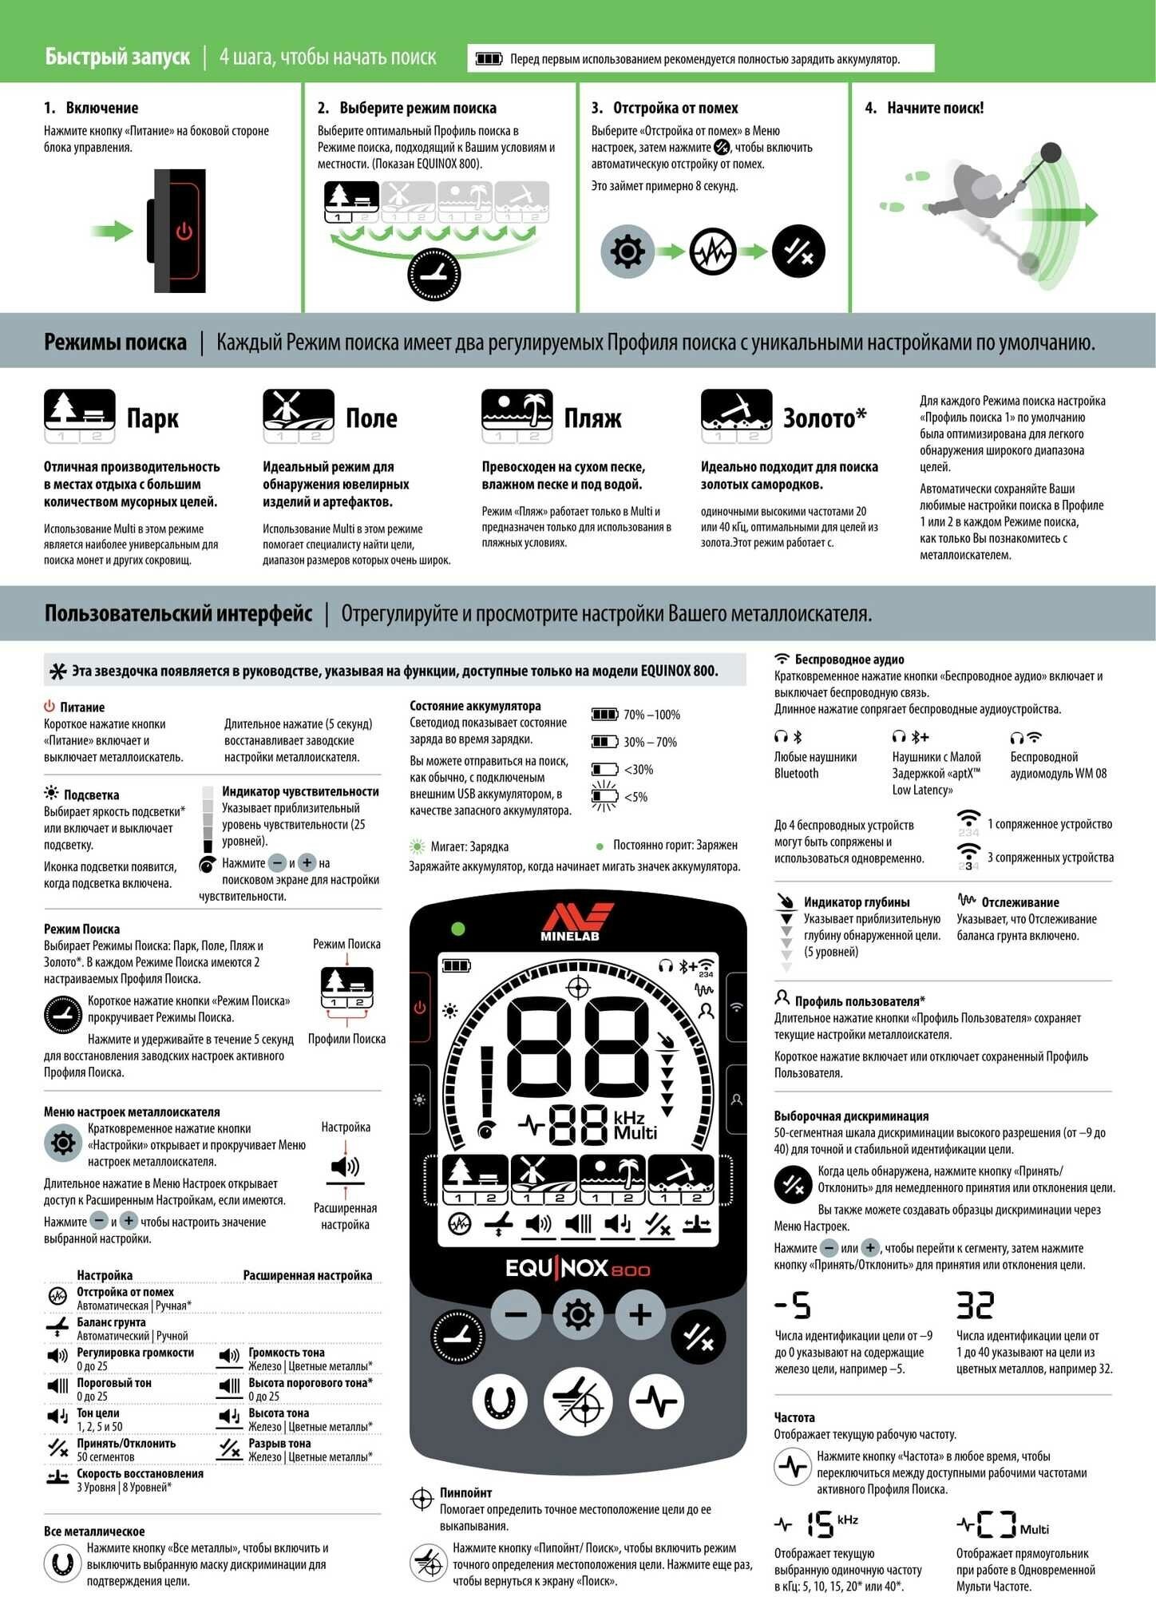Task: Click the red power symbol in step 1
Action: point(184,232)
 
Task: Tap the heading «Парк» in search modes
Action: point(152,418)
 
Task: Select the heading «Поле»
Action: point(371,418)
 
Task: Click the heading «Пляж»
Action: point(592,418)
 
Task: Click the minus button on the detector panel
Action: point(517,1314)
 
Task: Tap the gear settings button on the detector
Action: point(578,1314)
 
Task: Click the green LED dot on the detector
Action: point(458,929)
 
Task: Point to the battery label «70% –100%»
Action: point(651,715)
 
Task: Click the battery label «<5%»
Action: point(635,797)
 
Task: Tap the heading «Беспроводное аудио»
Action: point(849,660)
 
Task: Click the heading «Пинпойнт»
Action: point(465,1492)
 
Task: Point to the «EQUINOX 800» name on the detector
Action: point(578,1268)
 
